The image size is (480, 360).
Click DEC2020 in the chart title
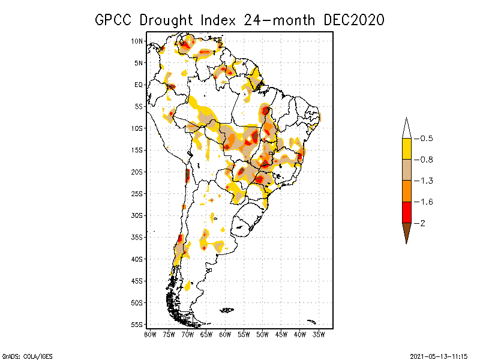coord(353,20)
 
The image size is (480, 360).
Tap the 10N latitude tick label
coord(137,41)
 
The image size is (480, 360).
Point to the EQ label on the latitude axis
coord(139,85)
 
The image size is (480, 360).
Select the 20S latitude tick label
coord(137,172)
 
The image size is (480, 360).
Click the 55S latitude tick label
coord(137,324)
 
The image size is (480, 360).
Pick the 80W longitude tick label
coord(150,334)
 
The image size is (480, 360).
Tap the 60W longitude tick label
coord(225,334)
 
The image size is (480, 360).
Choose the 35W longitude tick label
coord(319,334)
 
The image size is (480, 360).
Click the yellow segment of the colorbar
coord(406,149)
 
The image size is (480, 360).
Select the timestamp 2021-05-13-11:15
coord(439,355)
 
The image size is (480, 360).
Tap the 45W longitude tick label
coord(281,334)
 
